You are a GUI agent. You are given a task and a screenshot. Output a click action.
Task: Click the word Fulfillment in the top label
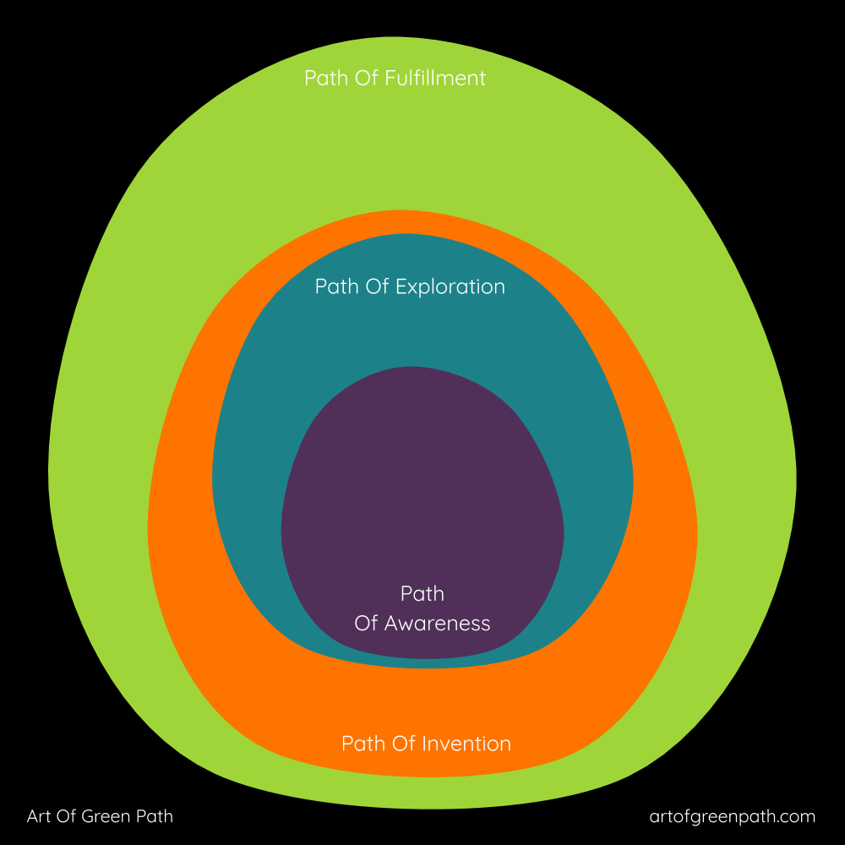(435, 79)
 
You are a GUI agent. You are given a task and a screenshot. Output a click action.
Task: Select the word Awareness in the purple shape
(437, 624)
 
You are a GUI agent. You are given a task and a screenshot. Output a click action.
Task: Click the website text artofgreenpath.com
(733, 816)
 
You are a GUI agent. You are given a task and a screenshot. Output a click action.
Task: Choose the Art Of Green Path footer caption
(100, 816)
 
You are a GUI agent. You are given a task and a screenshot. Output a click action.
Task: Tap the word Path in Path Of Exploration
(334, 286)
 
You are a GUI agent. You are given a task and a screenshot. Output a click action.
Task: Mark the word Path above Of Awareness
(422, 594)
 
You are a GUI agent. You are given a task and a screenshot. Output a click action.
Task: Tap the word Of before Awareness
(366, 624)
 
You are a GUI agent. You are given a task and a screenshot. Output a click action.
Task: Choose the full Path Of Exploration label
(410, 286)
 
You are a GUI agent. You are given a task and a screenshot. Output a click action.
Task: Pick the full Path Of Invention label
(426, 744)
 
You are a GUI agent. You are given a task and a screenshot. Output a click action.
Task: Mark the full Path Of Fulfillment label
(395, 79)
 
